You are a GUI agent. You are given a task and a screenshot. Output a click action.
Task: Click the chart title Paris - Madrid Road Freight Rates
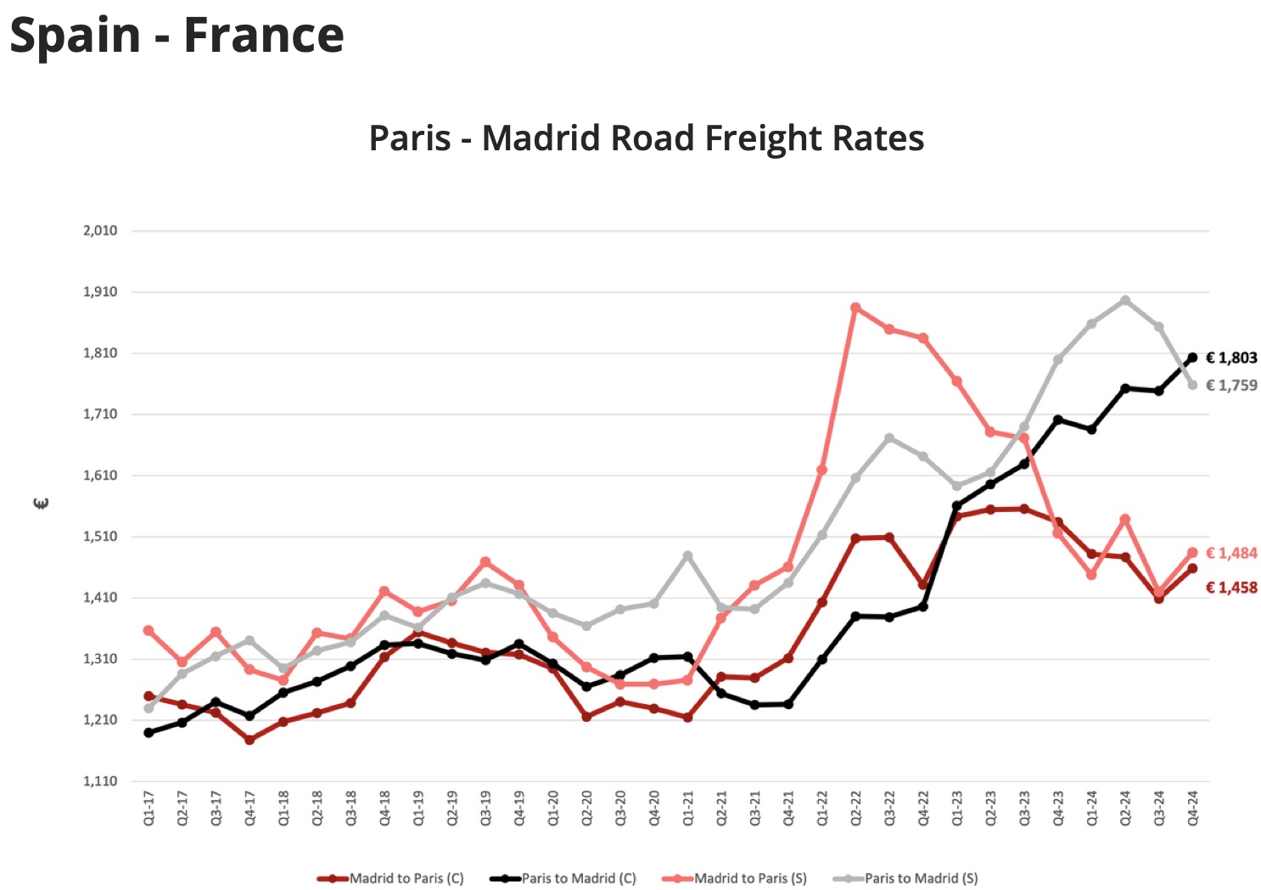[646, 138]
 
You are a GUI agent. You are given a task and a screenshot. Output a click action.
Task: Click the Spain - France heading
[177, 36]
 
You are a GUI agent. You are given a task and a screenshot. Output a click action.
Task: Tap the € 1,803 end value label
[1231, 358]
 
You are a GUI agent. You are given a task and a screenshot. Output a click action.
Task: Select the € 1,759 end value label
[1231, 386]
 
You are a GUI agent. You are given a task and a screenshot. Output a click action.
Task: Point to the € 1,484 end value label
[1231, 553]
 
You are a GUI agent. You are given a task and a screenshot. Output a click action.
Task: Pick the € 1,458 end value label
[1231, 588]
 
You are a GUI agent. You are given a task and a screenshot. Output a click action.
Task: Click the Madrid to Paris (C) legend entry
[406, 878]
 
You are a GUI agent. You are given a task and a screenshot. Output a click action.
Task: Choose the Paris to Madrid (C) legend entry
[578, 878]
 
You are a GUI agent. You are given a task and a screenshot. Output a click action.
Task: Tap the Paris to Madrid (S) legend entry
[921, 878]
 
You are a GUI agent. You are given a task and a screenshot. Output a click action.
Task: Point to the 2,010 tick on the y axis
[100, 230]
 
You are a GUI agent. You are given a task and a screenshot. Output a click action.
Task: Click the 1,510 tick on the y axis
[100, 537]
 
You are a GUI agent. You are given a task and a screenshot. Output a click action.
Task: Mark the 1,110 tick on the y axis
[100, 781]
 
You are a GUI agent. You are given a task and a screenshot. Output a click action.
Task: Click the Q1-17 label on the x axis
[149, 808]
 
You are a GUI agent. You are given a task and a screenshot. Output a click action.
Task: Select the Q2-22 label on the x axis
[856, 808]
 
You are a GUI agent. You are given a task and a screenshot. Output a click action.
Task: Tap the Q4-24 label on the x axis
[1193, 808]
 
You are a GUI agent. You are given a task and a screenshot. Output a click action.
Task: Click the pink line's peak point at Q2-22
[855, 308]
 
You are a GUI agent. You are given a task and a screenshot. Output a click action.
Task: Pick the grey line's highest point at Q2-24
[1125, 301]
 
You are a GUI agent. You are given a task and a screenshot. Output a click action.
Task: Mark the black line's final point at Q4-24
[1192, 358]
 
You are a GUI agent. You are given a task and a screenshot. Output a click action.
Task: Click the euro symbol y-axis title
[41, 504]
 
